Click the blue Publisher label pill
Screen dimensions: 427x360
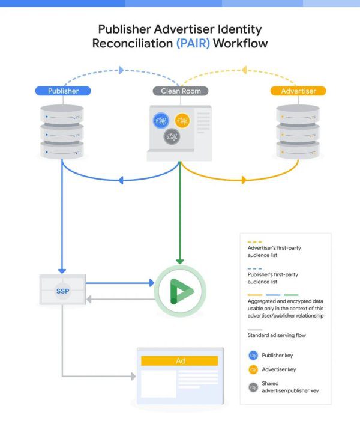coord(62,91)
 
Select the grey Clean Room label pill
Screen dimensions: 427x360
coord(181,91)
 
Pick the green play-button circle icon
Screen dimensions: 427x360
coord(180,291)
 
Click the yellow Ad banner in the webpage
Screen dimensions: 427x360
coord(180,361)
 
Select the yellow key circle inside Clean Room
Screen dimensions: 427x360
coord(182,121)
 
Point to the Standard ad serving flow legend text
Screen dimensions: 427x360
coord(275,335)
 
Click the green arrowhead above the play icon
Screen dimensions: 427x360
coord(180,261)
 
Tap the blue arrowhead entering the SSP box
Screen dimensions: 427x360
coord(62,271)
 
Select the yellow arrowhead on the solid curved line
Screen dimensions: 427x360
coord(244,179)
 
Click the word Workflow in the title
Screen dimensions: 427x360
coord(239,43)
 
